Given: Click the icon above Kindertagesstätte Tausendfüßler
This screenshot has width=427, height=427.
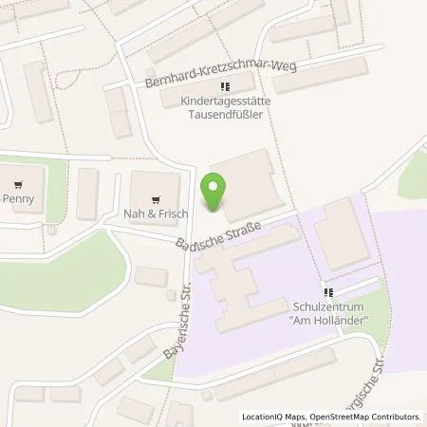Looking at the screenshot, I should click(x=224, y=87).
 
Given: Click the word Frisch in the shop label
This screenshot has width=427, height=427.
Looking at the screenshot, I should click(x=163, y=200).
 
